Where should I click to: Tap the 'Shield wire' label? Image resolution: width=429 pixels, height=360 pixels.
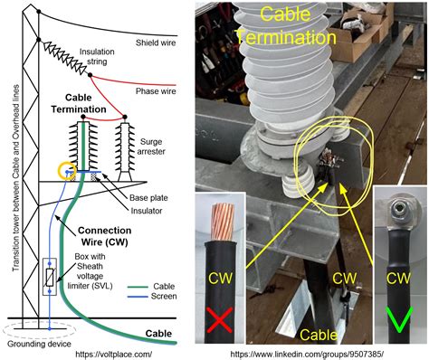point(157,41)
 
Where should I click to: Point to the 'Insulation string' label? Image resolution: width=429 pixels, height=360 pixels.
point(96,56)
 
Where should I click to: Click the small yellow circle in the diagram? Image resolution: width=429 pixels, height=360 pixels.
point(64,169)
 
